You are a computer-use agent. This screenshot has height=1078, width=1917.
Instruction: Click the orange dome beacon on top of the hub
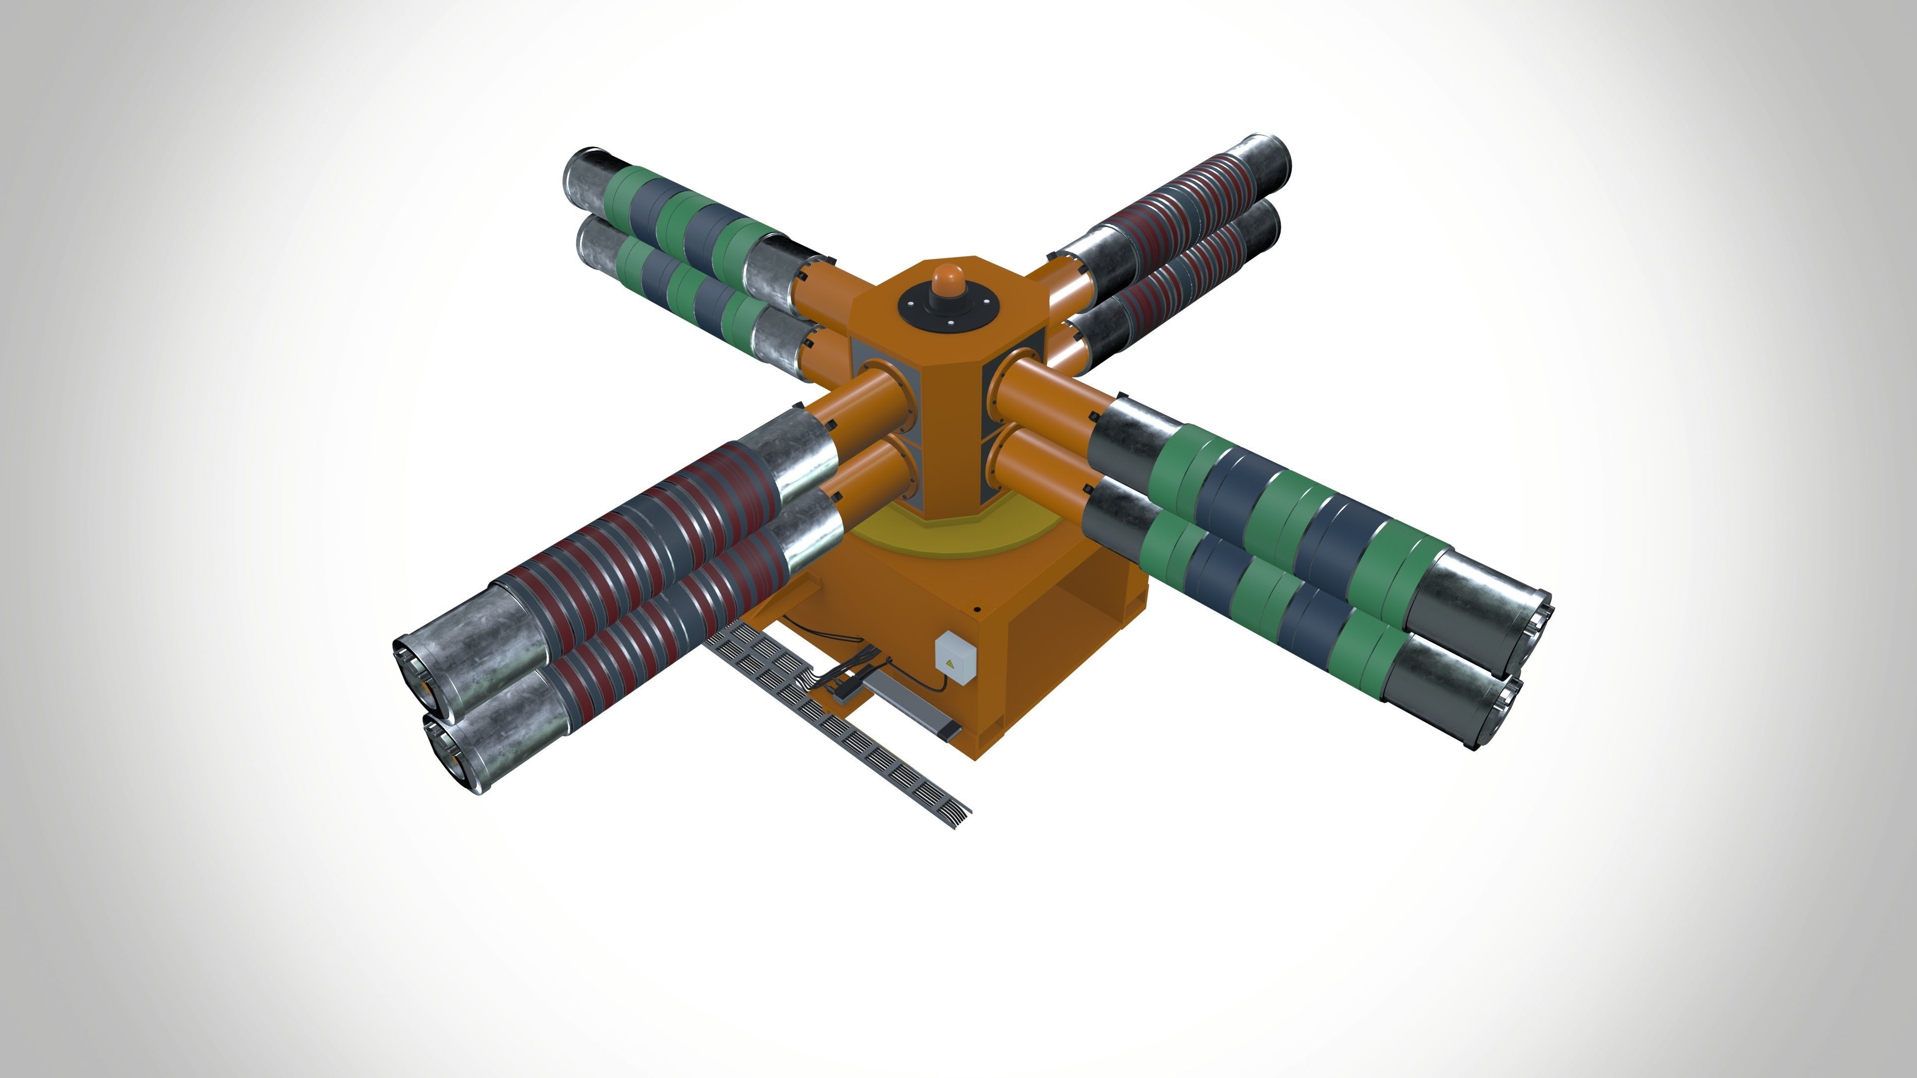(947, 277)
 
